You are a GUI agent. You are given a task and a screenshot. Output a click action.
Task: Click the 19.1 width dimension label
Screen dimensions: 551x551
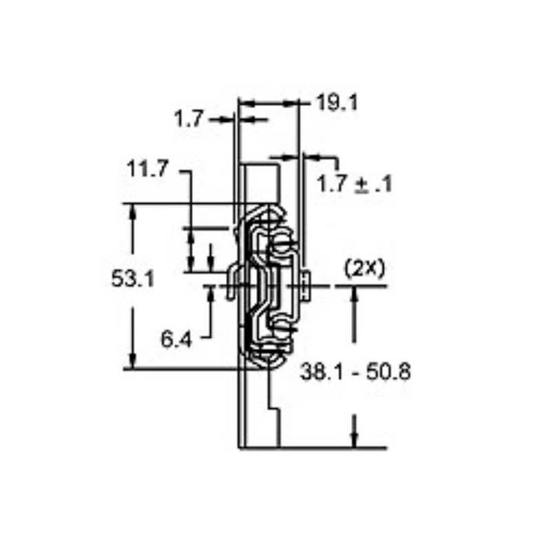(x=337, y=103)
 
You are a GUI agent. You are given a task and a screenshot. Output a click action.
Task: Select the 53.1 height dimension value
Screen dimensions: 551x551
(x=132, y=279)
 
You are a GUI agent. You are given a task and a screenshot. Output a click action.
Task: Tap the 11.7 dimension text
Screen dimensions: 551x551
(x=147, y=169)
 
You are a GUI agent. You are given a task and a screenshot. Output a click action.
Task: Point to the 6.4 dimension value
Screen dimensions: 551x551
(x=176, y=339)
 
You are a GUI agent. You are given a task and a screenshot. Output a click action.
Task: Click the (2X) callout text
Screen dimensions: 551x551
(x=364, y=269)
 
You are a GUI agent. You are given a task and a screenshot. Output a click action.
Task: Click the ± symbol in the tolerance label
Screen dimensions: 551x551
(x=362, y=185)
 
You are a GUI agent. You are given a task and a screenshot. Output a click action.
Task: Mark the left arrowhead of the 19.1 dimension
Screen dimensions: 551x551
(x=245, y=103)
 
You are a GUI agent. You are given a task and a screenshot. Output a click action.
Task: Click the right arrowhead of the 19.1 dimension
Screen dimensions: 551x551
(x=295, y=103)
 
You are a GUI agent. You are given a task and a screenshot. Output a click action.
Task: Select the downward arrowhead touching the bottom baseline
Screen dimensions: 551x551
(x=354, y=441)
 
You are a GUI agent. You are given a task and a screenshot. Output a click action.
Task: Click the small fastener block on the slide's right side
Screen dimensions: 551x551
(x=305, y=284)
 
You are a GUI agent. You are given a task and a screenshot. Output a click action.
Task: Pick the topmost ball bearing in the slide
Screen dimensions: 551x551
(x=281, y=242)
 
